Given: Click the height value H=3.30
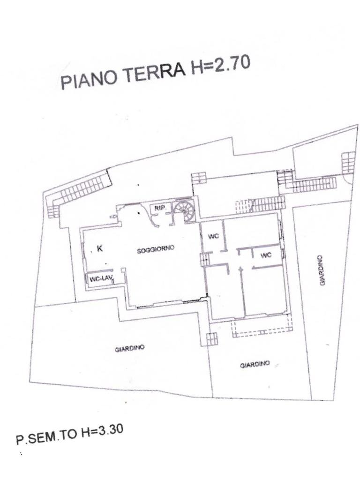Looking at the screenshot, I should [102, 432].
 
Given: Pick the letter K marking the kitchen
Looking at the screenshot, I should [99, 249].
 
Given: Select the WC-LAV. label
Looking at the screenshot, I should [99, 279].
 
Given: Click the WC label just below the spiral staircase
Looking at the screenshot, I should [213, 236].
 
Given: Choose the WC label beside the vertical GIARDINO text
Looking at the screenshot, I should [266, 255].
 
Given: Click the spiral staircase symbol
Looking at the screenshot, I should [183, 210].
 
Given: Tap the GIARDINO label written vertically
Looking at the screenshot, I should [322, 270].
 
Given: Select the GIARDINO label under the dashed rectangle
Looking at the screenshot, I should [255, 364].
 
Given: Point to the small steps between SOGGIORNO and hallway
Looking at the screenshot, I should [204, 259].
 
